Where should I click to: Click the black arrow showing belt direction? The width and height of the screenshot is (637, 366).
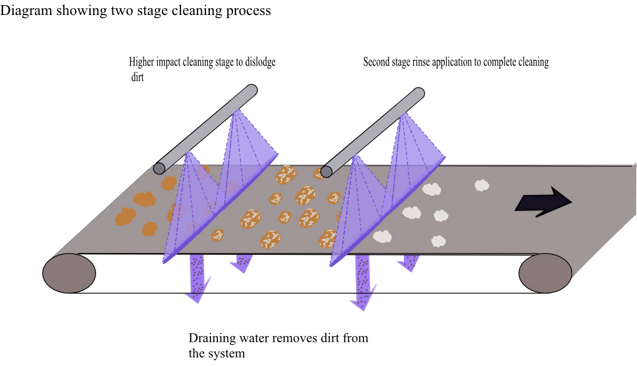coord(542,202)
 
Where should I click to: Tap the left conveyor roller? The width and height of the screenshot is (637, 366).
coord(69,274)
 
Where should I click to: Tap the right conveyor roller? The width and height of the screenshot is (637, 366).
coord(545,274)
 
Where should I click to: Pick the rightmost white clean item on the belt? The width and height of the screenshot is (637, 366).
coord(481,185)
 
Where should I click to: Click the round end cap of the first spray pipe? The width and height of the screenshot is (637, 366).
coord(159,168)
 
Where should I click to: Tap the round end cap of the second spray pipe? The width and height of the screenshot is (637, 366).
coord(326,171)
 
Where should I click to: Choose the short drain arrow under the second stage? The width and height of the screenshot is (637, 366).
coord(410,262)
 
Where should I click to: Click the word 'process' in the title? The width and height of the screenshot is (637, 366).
coord(251,11)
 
